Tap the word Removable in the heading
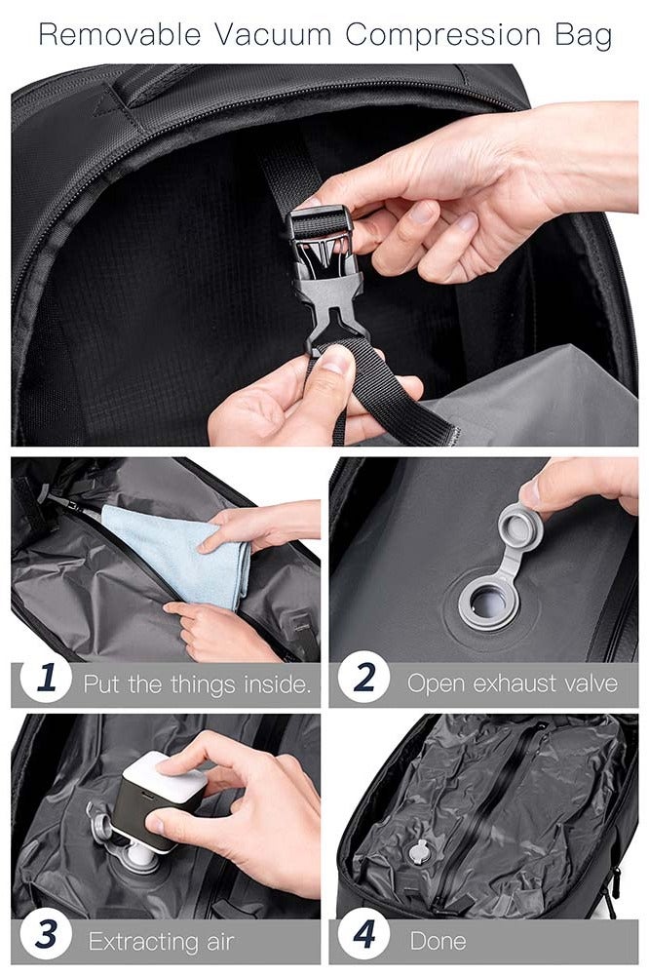(x=120, y=35)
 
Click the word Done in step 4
(x=438, y=941)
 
